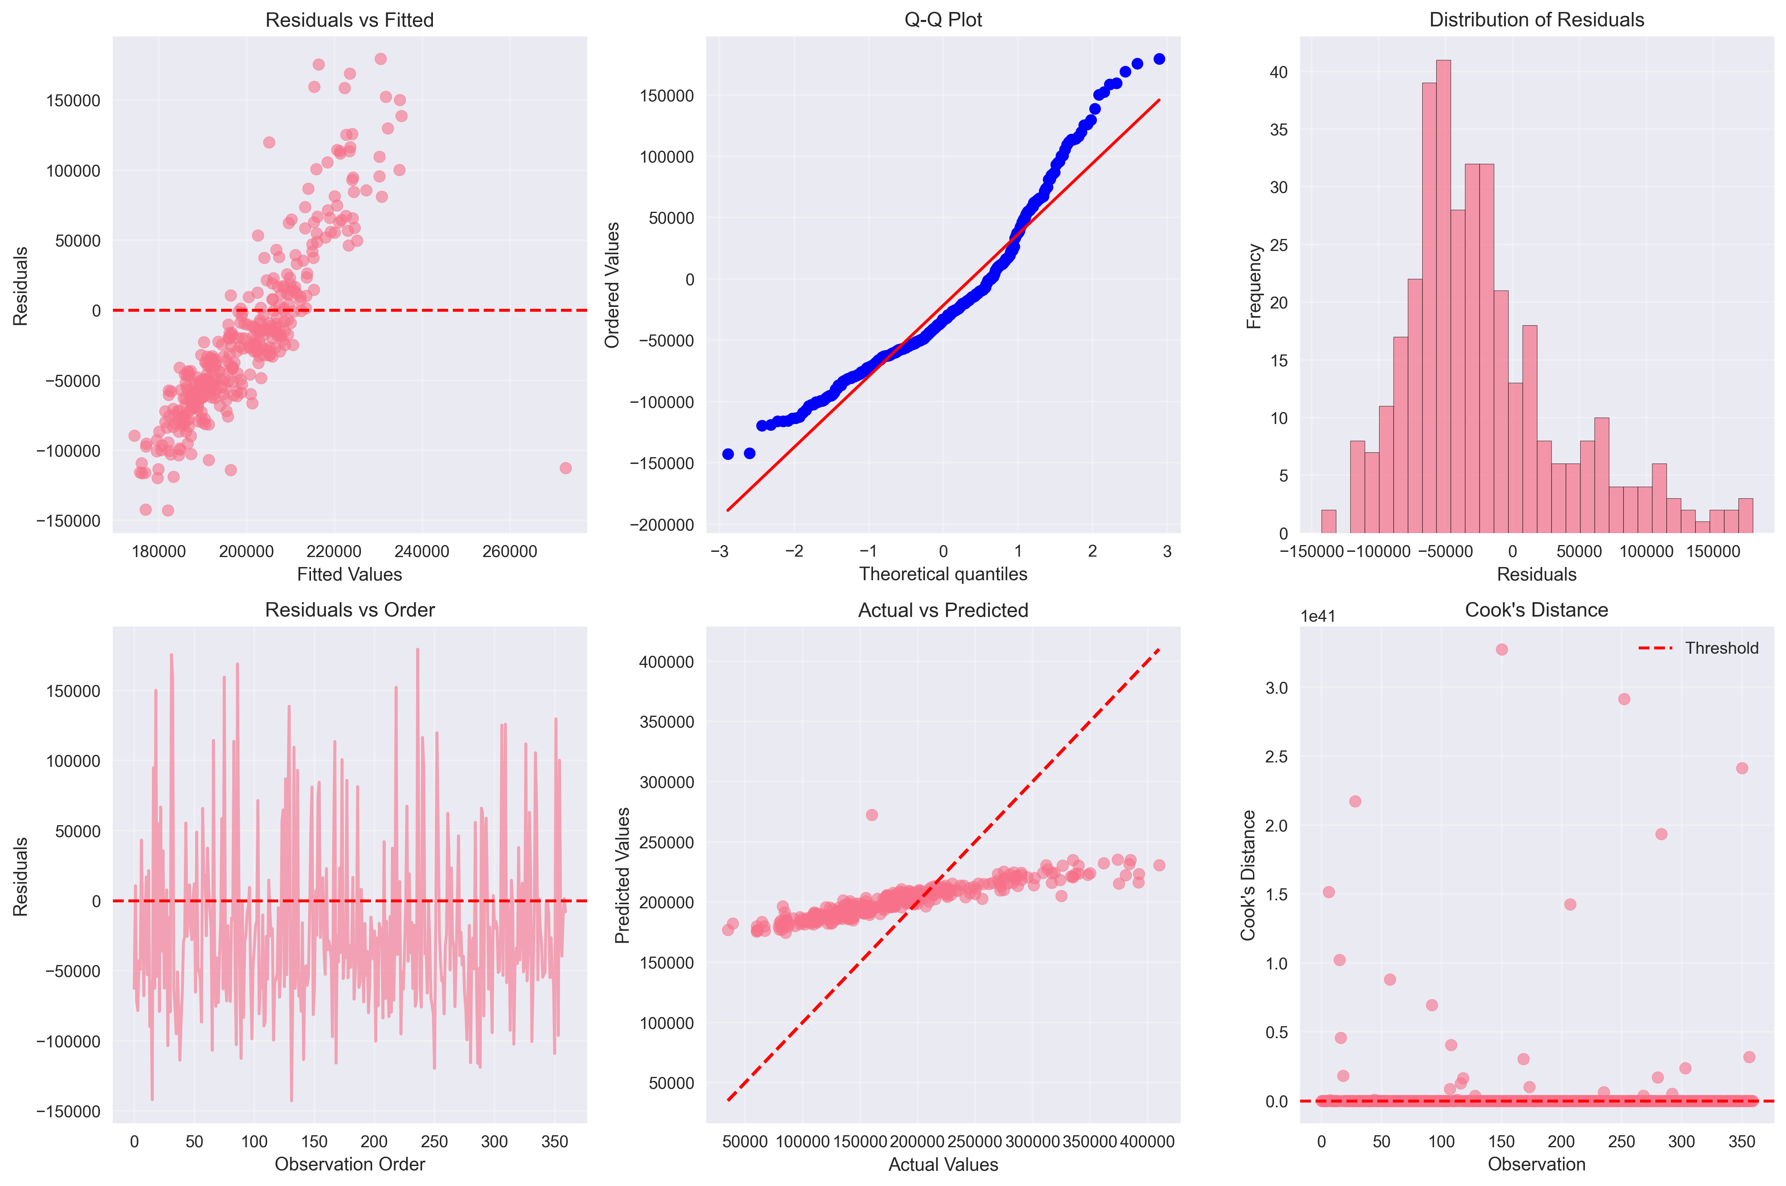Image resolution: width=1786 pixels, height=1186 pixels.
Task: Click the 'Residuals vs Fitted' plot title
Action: pos(349,20)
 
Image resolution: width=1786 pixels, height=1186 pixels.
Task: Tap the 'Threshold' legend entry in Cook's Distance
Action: pos(1721,648)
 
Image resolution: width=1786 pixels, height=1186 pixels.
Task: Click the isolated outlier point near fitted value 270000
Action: pos(565,468)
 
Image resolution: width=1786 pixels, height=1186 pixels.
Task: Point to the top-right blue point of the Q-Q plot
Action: pos(1159,59)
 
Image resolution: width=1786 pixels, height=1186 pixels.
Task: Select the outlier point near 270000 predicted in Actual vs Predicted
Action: pos(871,815)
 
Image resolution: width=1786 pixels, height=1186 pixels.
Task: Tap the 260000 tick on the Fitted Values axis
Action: pos(509,551)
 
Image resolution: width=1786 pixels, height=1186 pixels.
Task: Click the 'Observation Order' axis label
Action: pos(349,1164)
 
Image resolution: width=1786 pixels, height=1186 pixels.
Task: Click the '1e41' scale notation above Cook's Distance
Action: pos(1318,617)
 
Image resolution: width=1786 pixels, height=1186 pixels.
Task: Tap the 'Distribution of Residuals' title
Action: pos(1537,20)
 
